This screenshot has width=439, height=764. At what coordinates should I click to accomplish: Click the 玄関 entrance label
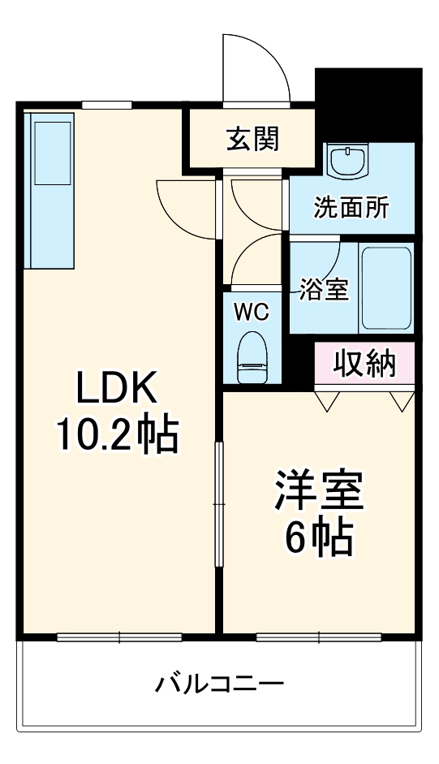click(252, 139)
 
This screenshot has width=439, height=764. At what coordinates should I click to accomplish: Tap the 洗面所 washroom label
click(351, 208)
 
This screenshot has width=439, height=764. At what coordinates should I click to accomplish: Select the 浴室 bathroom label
click(324, 289)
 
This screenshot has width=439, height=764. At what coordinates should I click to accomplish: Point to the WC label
click(252, 310)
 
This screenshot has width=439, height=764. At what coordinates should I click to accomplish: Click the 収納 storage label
click(365, 363)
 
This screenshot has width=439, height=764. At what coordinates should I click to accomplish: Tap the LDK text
click(116, 390)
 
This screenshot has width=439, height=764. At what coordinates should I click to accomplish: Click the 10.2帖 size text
click(116, 436)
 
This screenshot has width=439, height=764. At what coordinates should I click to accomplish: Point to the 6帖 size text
click(318, 537)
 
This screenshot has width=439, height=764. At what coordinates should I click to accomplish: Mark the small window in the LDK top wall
click(107, 103)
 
